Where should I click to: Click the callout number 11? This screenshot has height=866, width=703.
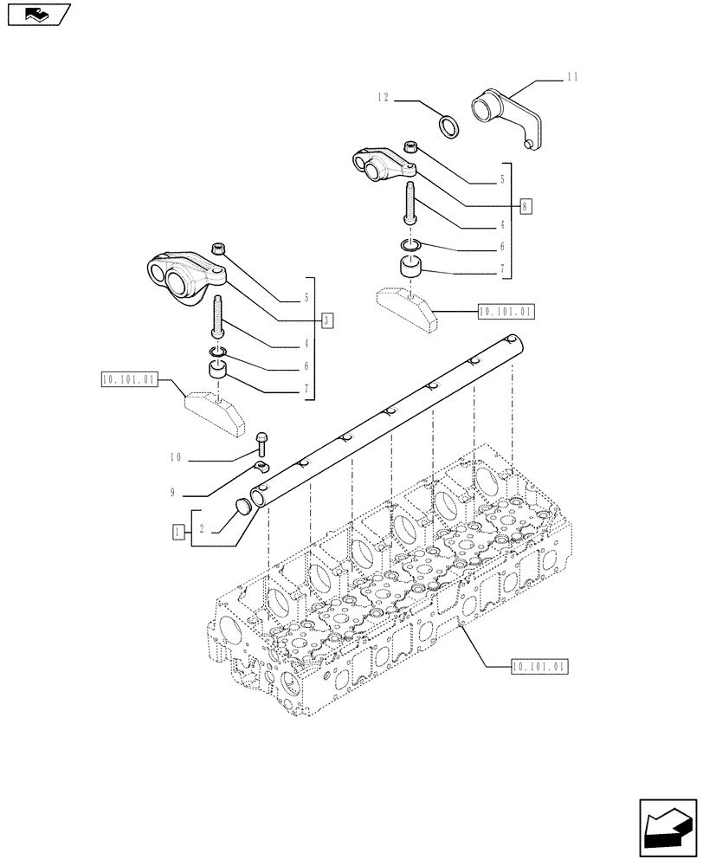571,78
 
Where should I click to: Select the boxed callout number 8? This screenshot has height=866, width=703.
526,206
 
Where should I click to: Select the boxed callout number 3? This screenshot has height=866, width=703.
326,320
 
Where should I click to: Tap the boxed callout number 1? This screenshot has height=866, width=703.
177,532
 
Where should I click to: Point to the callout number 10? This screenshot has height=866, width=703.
176,457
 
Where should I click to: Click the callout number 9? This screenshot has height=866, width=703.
174,493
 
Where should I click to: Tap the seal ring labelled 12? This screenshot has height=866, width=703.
450,126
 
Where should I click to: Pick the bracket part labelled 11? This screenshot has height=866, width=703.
506,116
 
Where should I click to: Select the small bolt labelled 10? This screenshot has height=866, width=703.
262,443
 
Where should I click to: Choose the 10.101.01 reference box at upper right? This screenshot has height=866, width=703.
505,310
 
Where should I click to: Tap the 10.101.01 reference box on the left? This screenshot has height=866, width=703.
128,379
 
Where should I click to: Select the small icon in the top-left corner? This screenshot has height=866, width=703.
37,14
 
